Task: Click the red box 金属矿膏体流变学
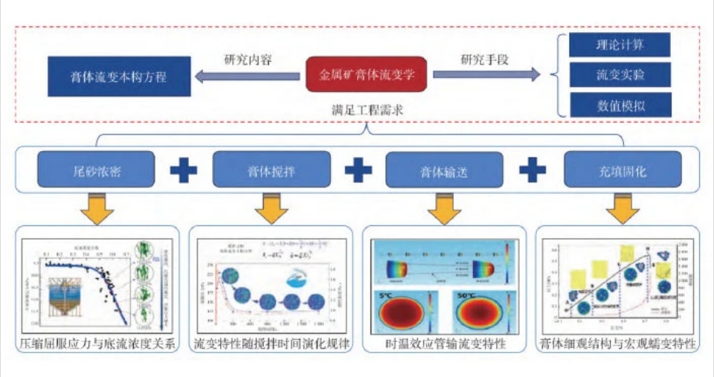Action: pos(367,74)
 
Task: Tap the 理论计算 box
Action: pos(620,45)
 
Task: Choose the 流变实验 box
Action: pos(620,74)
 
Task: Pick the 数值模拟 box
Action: pos(620,105)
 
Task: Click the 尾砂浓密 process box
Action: pos(96,170)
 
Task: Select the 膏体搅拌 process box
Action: pos(271,170)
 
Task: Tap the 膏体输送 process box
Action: pos(444,170)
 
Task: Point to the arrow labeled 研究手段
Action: pos(486,74)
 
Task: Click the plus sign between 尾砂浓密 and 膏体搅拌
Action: pos(184,170)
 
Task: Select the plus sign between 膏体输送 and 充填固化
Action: pos(533,170)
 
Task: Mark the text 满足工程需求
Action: pos(367,109)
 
